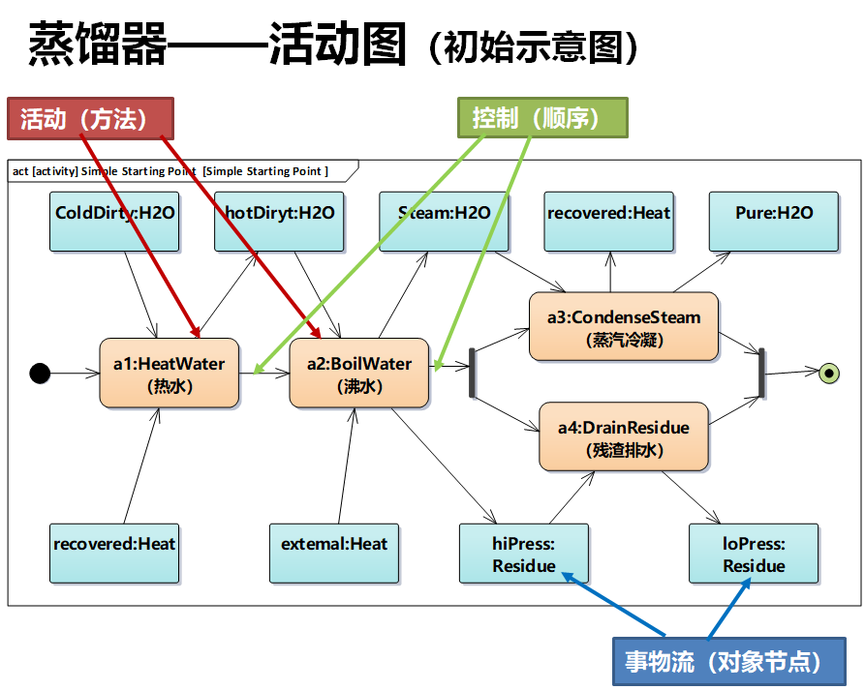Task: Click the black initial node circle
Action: [x=40, y=373]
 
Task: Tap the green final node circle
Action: [x=828, y=372]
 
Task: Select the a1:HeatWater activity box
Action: [x=169, y=374]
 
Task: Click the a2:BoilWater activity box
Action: [x=358, y=374]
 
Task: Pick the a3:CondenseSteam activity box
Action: [x=623, y=327]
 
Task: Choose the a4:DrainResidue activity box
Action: [x=623, y=437]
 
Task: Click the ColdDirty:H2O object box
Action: [x=115, y=223]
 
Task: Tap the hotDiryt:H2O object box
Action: [x=279, y=223]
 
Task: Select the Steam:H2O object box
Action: [x=444, y=223]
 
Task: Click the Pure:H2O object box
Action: [x=773, y=223]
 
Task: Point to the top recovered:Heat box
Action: [x=608, y=223]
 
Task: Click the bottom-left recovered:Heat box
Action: [x=114, y=554]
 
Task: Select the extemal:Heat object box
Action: [x=333, y=554]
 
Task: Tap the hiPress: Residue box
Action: [x=523, y=554]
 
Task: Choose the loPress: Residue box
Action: [x=754, y=554]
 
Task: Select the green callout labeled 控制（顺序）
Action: [x=541, y=118]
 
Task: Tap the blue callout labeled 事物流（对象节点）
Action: [x=727, y=662]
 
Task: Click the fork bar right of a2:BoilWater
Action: [x=473, y=373]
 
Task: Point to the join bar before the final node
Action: [x=762, y=373]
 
